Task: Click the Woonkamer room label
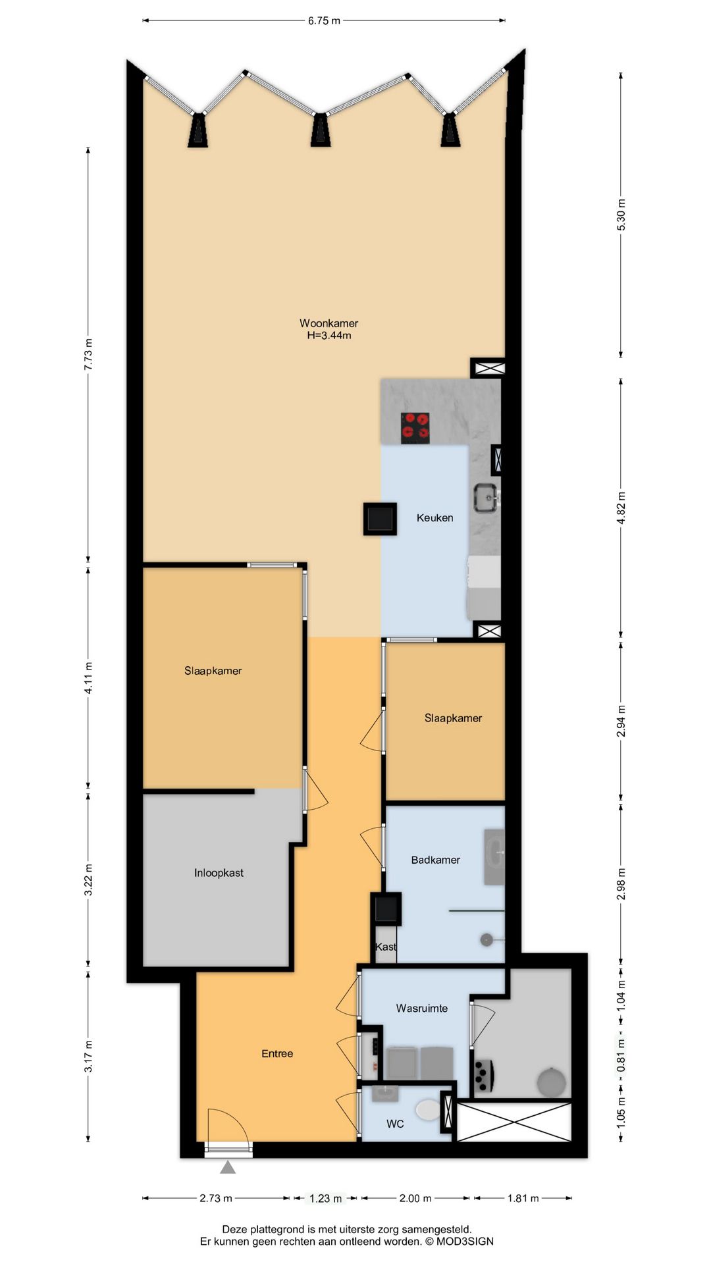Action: pos(329,323)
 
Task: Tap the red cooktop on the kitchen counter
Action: pos(415,427)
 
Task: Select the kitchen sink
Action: pos(486,498)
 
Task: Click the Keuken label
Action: pos(434,518)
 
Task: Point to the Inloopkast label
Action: pos(219,873)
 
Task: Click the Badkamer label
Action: pos(435,860)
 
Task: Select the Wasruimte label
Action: pos(421,1008)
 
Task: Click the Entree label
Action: pos(277,1053)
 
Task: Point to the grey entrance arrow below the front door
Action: pos(228,1167)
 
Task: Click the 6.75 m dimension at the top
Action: pos(324,20)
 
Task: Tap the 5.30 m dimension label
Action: pos(621,214)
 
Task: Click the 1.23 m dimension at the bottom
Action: pos(326,1198)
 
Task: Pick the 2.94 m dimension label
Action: pos(621,721)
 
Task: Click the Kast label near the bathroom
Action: pos(386,947)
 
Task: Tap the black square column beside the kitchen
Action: pos(380,519)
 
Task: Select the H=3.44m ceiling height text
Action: pos(329,335)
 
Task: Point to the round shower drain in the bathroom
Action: pos(487,939)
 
